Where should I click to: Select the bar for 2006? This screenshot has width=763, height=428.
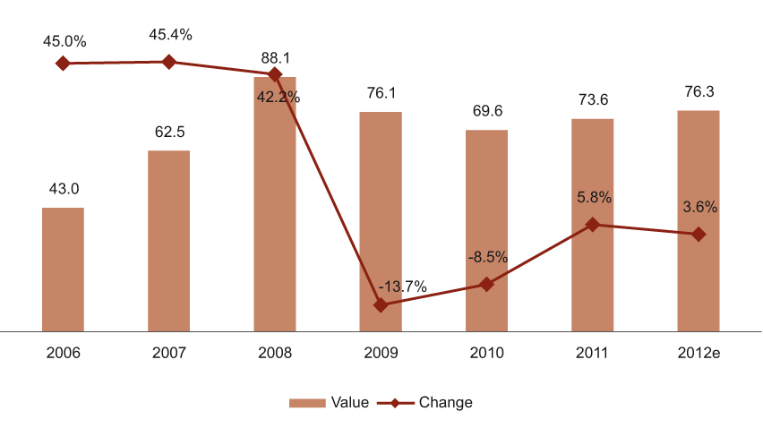coord(63,269)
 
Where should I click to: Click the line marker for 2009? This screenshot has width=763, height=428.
coord(381,305)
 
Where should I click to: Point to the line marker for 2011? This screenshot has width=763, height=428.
coord(592,225)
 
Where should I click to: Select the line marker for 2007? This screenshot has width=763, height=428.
coord(168,62)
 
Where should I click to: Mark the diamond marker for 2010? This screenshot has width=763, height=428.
coord(486,284)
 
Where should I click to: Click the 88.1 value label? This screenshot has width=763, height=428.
coord(275,54)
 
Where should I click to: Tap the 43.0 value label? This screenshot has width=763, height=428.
coord(63,189)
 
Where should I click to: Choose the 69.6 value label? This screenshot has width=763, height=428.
coord(486,111)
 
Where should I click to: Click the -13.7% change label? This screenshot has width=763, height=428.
coord(402,287)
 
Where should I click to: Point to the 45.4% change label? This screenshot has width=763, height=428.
coord(170,35)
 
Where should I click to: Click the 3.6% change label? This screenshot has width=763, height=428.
coord(699,207)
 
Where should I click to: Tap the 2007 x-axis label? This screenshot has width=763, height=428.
coord(168,353)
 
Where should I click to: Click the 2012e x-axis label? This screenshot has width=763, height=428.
coord(699,353)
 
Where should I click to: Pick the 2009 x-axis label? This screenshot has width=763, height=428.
coord(381,353)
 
